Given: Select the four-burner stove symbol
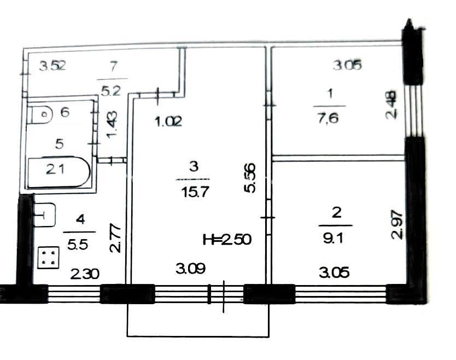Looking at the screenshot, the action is [x=49, y=258].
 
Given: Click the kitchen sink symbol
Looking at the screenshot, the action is [x=44, y=215].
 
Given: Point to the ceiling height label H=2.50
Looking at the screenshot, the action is [x=227, y=240].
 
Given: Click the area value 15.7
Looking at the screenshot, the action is [x=195, y=192].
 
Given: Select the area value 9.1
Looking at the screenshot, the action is [x=333, y=239].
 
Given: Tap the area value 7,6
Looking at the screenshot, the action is [x=329, y=119].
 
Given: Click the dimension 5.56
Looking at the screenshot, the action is [x=249, y=178].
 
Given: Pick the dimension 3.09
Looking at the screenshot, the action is [x=191, y=268].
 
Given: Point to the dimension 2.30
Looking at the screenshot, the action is [x=85, y=274].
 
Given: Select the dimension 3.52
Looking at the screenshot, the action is [x=52, y=66].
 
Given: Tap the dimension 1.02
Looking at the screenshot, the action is [x=168, y=121].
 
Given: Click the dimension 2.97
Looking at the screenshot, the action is [x=397, y=225].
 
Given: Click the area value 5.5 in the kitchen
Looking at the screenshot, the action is [x=77, y=245].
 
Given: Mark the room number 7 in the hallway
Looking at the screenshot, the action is [x=113, y=66].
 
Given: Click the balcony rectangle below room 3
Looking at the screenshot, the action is [x=198, y=320].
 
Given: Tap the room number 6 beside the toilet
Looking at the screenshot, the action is [x=65, y=112].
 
